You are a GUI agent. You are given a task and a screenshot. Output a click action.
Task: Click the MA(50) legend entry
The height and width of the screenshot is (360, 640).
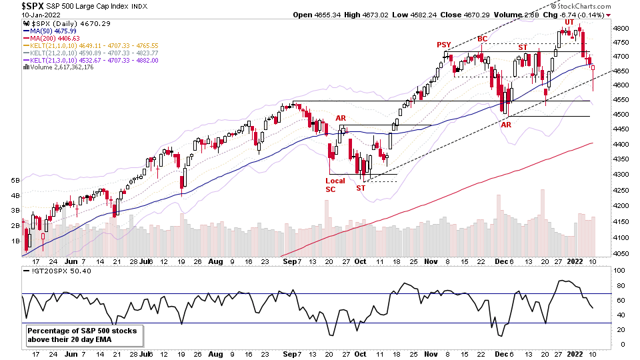48,31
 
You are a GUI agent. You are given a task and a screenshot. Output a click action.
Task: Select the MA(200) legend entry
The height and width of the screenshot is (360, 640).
51,39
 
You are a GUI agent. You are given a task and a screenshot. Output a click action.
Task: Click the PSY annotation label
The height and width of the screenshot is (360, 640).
444,45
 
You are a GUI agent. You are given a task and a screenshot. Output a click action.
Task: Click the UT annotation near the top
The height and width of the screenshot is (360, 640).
569,22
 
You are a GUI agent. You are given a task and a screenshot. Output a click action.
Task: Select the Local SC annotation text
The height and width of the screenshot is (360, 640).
335,184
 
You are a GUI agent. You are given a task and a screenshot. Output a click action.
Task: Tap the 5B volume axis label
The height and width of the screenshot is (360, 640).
14,181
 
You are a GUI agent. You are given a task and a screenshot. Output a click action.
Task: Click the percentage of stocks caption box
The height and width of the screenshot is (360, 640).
85,335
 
